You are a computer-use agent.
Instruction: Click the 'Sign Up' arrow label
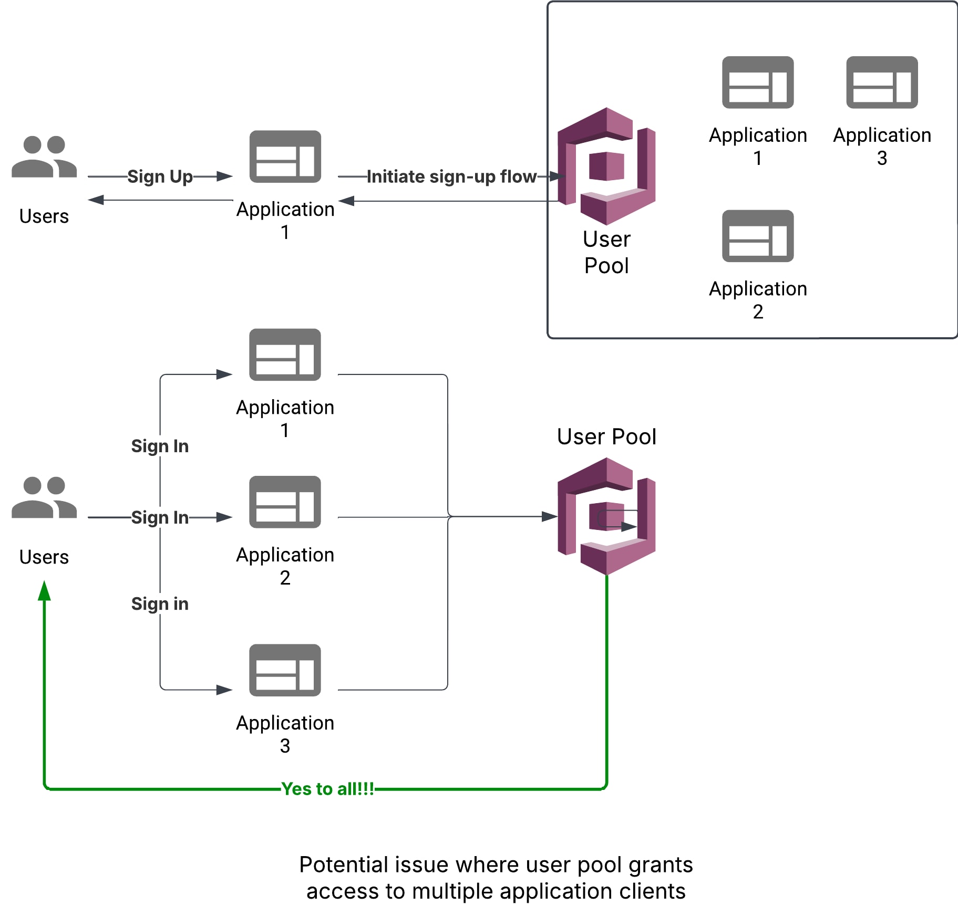(x=160, y=176)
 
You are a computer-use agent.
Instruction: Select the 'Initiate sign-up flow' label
(x=451, y=176)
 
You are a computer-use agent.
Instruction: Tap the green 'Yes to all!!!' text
(x=327, y=788)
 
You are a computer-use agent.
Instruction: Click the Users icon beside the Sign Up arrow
(x=44, y=157)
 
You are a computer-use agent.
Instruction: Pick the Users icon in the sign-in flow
(x=44, y=497)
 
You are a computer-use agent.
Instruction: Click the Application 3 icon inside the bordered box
(x=882, y=82)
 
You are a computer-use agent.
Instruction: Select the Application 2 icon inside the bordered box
(x=758, y=236)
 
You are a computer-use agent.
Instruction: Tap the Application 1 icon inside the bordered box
(x=758, y=82)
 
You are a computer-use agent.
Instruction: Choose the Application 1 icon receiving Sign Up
(x=285, y=157)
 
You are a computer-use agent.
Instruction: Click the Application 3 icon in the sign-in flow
(x=285, y=670)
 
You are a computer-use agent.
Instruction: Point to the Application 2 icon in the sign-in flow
(x=285, y=502)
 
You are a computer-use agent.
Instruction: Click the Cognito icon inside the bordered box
(x=606, y=166)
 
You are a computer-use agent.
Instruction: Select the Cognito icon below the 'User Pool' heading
(x=606, y=516)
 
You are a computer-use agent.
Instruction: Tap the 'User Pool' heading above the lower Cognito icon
(x=606, y=436)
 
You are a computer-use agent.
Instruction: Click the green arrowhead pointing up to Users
(x=45, y=590)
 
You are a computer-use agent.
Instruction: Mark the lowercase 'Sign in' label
(x=160, y=603)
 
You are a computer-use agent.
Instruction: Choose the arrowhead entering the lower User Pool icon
(x=550, y=516)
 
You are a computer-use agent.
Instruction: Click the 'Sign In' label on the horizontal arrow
(x=160, y=517)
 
